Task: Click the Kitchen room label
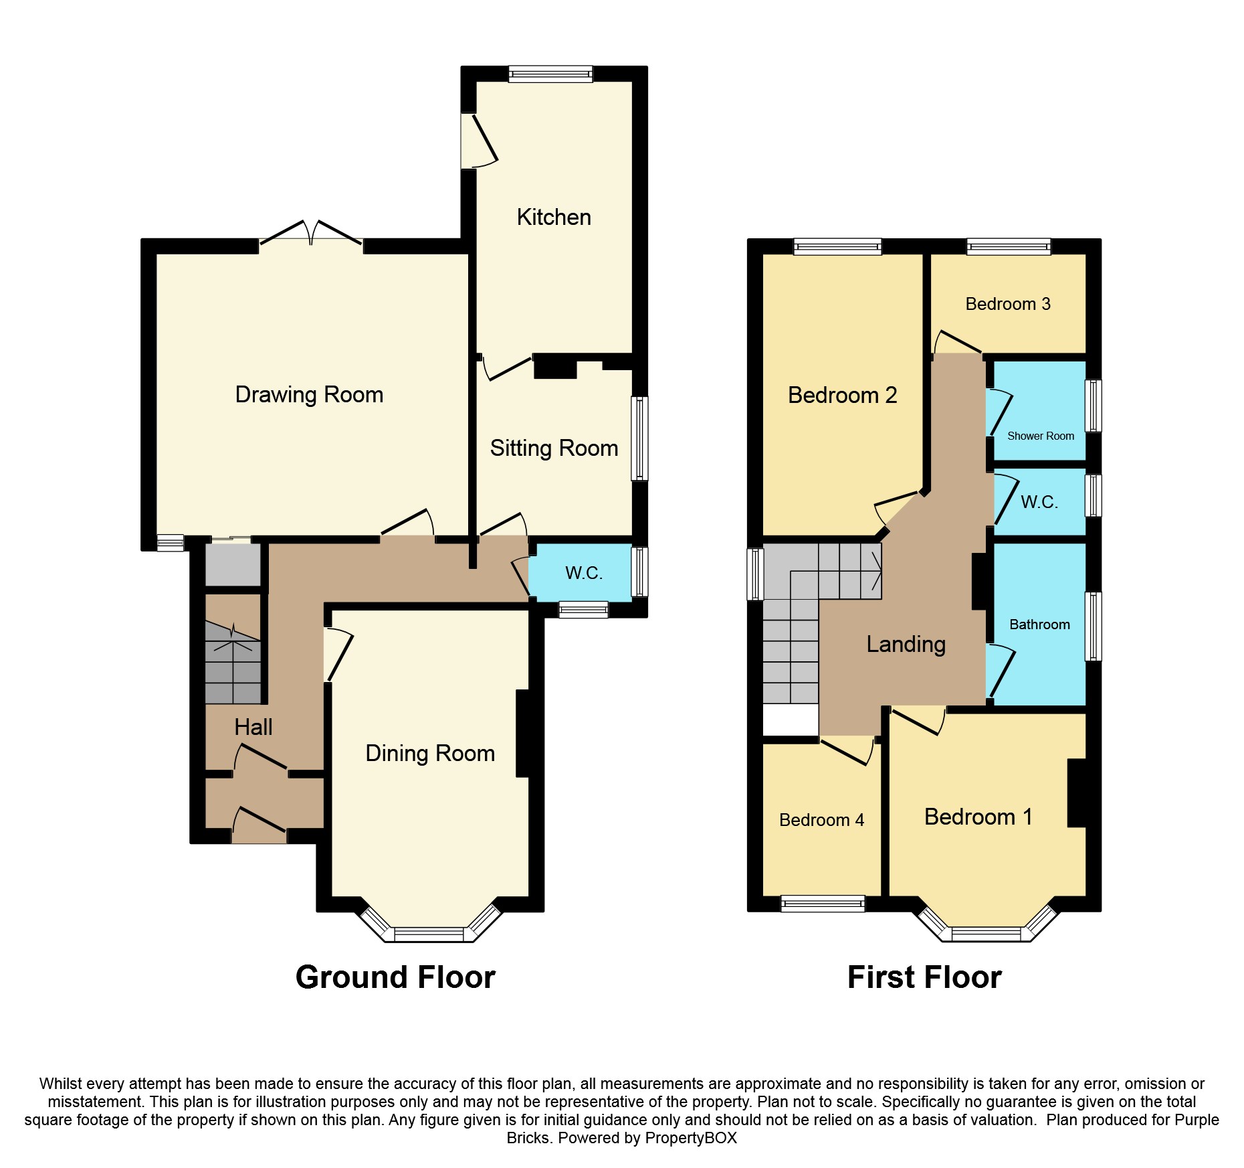[x=554, y=218]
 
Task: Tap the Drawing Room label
[x=309, y=395]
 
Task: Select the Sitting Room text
[x=554, y=448]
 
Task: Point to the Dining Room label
[x=430, y=754]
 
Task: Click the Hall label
[x=253, y=728]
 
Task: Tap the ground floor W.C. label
[x=584, y=573]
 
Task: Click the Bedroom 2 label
[x=842, y=396]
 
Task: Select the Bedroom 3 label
[x=1008, y=305]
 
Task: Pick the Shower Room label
[x=1041, y=436]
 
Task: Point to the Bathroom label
[x=1039, y=624]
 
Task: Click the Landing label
[x=906, y=645]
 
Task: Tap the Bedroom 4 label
[x=821, y=820]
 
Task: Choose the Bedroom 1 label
[x=978, y=817]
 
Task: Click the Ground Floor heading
[x=395, y=977]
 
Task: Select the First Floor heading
[x=924, y=977]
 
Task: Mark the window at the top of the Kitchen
[x=550, y=74]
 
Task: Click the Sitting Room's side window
[x=639, y=438]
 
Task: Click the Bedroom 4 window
[x=823, y=904]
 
